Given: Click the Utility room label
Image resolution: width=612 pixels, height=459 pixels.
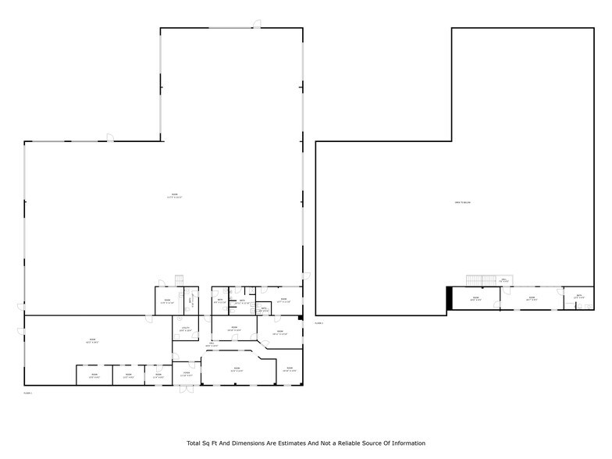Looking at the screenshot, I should (x=186, y=329).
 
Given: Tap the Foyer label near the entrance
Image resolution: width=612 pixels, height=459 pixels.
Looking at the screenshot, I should (x=186, y=374).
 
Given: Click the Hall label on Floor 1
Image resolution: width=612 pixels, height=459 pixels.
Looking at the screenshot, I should (x=212, y=343).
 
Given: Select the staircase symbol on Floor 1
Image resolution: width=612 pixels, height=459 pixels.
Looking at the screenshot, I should (x=178, y=281).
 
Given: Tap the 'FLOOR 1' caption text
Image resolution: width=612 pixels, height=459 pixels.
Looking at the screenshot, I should (x=28, y=393).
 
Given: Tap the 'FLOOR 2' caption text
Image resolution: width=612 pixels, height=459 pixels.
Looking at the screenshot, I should (x=318, y=322).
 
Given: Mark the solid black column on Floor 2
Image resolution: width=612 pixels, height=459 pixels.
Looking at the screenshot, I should (x=449, y=298).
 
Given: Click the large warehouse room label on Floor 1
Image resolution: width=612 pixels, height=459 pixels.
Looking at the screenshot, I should (x=174, y=195).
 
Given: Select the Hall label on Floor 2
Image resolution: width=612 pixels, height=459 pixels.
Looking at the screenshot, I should (x=504, y=280).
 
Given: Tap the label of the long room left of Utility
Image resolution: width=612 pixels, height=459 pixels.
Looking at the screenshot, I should (x=93, y=340).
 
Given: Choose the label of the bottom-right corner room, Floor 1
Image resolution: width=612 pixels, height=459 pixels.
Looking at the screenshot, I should (x=289, y=369).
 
